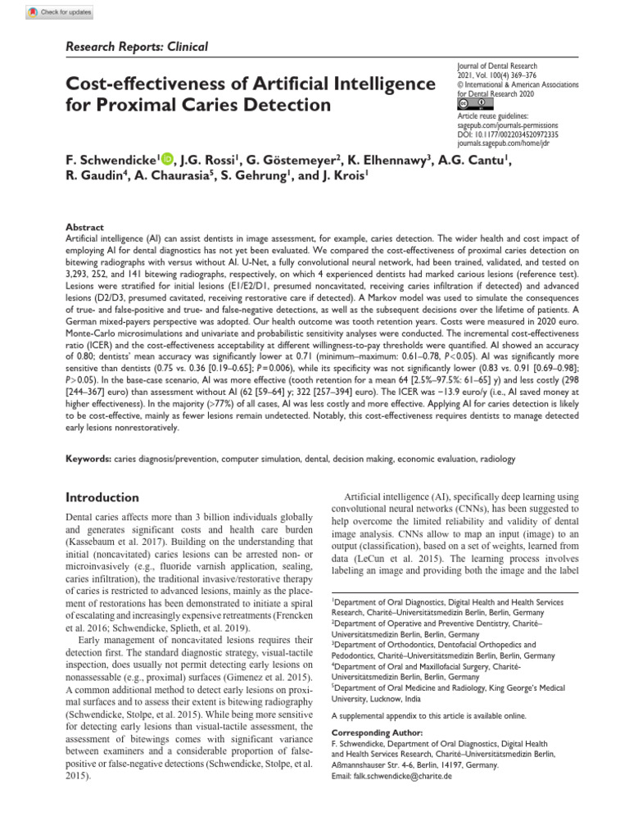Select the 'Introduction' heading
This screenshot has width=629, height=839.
pyautogui.click(x=102, y=497)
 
